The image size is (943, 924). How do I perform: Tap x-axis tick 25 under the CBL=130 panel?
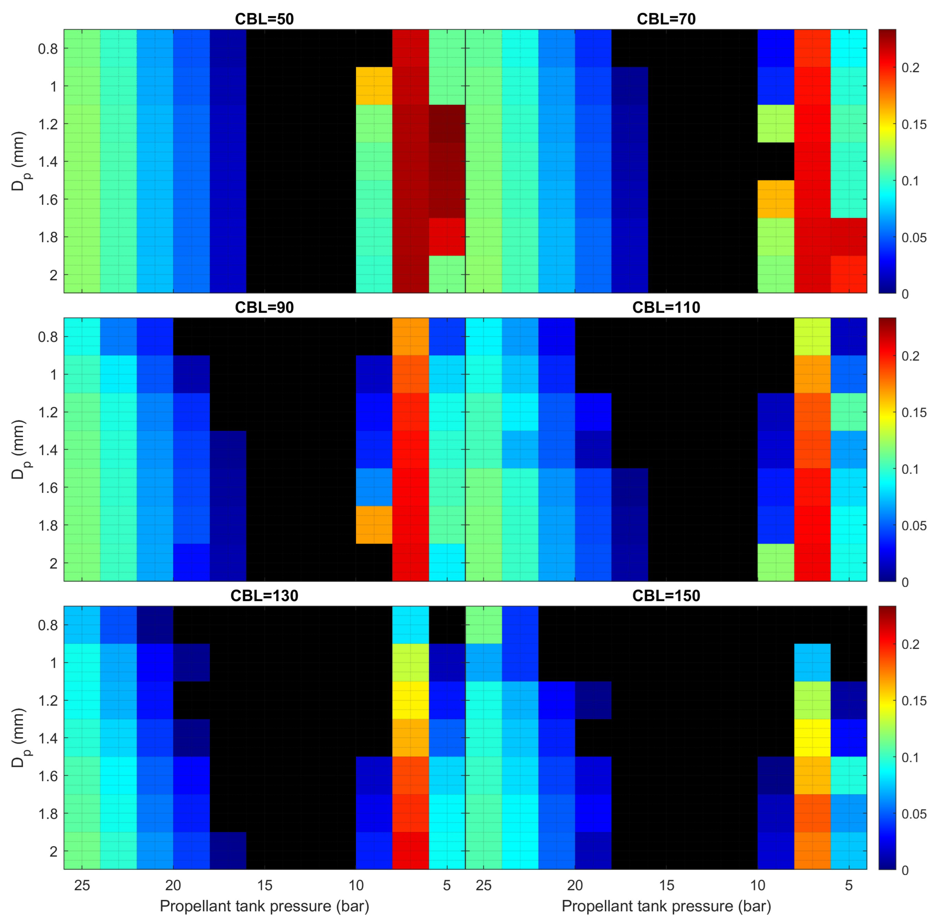82,885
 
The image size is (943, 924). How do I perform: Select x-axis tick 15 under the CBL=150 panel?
666,885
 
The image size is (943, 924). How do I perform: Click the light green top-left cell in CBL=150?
483,625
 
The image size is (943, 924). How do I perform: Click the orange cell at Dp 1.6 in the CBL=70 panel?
776,199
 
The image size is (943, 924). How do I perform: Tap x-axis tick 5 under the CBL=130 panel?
447,885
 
